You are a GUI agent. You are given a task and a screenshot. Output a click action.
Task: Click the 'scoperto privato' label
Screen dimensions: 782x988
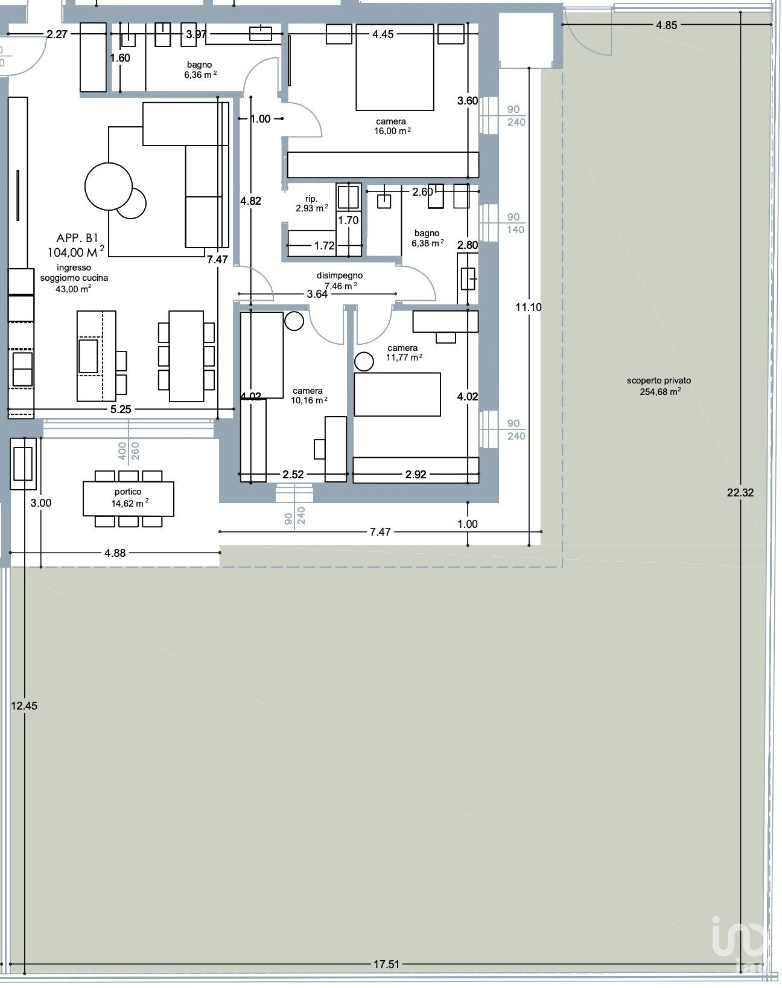(659, 380)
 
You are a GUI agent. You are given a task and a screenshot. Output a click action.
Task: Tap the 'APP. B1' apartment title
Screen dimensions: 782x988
(77, 238)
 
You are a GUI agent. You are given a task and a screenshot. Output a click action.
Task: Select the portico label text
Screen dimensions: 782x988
(128, 491)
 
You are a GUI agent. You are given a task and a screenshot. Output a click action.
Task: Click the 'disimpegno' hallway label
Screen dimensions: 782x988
(339, 275)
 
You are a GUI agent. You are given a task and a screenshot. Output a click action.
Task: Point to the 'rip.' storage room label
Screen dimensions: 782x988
(311, 198)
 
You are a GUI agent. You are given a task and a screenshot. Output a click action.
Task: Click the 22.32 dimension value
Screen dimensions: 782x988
(740, 492)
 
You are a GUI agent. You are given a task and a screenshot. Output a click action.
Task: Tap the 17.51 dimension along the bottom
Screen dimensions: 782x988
(386, 964)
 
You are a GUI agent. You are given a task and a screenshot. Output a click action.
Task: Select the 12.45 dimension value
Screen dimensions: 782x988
(24, 705)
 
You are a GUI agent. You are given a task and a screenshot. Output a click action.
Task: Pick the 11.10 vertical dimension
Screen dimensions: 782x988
(529, 307)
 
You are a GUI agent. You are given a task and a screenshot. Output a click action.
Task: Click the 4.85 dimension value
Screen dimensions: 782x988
(666, 25)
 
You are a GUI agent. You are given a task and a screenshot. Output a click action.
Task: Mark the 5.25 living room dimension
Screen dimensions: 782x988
(121, 409)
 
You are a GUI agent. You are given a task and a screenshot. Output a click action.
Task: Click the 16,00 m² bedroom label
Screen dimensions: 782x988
(392, 131)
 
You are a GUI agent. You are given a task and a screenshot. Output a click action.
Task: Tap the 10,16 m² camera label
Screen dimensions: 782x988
(309, 400)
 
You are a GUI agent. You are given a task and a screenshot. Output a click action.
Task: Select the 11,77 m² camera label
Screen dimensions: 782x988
(404, 357)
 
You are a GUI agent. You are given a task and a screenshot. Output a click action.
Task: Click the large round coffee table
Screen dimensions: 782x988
(109, 187)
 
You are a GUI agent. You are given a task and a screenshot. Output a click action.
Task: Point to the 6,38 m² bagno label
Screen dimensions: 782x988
(427, 243)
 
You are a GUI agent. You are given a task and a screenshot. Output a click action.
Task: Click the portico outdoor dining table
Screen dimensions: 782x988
(129, 499)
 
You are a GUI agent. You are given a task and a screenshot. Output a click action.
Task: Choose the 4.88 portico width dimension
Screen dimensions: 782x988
(115, 553)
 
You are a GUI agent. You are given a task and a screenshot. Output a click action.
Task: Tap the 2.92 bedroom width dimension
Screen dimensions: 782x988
(416, 474)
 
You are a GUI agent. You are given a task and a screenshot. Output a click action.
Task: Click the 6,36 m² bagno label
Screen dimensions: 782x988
(200, 75)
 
